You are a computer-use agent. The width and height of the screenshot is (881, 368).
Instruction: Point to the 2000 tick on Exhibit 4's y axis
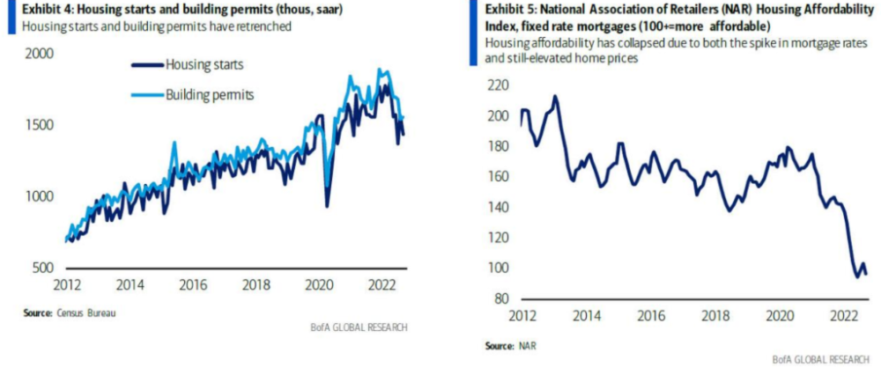41,53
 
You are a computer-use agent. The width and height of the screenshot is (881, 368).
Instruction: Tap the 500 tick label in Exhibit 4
44,268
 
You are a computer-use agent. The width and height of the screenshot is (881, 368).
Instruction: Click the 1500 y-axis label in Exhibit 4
41,125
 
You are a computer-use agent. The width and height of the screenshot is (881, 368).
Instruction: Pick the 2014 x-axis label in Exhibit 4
130,286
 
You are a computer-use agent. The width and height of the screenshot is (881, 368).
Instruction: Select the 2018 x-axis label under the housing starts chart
256,286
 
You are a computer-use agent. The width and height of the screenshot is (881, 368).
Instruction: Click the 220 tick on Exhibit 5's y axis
499,85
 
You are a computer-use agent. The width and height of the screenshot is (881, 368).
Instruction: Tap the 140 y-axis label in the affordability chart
499,208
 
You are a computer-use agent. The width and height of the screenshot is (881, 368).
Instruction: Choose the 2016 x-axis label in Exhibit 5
651,318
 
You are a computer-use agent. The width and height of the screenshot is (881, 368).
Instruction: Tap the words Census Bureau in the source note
92,313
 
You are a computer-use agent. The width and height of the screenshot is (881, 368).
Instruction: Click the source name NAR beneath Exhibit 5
525,346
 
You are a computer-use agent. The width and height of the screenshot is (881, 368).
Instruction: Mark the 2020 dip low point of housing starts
327,207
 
